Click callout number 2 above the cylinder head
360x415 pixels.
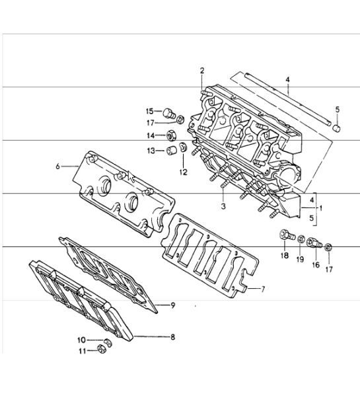(202, 70)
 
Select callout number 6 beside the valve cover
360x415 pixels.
(58, 167)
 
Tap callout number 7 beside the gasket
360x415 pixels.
(263, 289)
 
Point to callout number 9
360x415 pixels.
(172, 305)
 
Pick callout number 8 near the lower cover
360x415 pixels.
(172, 337)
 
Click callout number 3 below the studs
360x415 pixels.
(224, 207)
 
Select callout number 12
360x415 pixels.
(183, 172)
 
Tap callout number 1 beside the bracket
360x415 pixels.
(322, 207)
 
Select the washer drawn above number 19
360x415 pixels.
(301, 238)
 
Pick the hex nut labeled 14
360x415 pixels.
(168, 136)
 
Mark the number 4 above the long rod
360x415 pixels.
(287, 80)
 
